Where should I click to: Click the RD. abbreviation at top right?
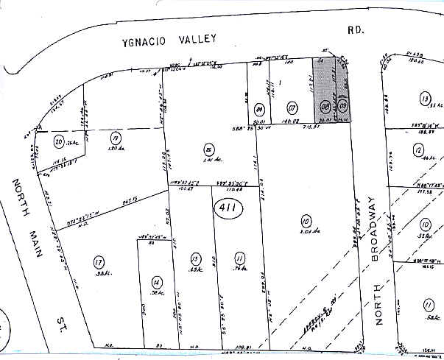pyautogui.click(x=357, y=31)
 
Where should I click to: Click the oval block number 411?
pyautogui.click(x=227, y=210)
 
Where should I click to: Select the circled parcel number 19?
pyautogui.click(x=115, y=138)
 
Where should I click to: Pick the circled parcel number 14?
pyautogui.click(x=155, y=281)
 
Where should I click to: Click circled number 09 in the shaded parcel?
pyautogui.click(x=342, y=107)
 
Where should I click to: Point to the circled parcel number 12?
pyautogui.click(x=420, y=152)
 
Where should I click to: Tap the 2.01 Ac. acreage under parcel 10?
pyautogui.click(x=309, y=228)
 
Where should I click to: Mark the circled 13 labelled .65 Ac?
pyautogui.click(x=195, y=259)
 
